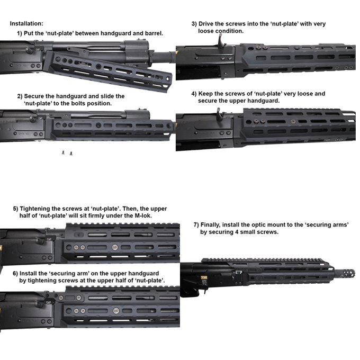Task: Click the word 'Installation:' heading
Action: tap(26, 23)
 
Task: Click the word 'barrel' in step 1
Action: tap(154, 33)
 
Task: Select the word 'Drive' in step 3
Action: tap(206, 24)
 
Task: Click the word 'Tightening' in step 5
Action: tap(34, 209)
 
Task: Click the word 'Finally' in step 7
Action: tap(210, 225)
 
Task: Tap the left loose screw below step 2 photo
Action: tap(63, 152)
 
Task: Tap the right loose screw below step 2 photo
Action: tap(71, 153)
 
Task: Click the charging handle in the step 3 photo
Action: tap(221, 41)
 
